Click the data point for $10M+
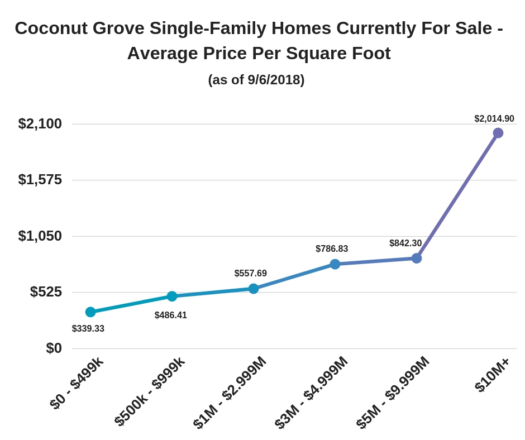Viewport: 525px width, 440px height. pyautogui.click(x=498, y=133)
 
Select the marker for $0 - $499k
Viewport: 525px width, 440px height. pyautogui.click(x=90, y=312)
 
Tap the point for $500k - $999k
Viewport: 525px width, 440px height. pyautogui.click(x=172, y=296)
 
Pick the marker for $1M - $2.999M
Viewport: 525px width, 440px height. pyautogui.click(x=254, y=289)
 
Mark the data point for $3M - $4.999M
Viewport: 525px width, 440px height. pyautogui.click(x=335, y=264)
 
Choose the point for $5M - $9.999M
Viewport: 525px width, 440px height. pyautogui.click(x=417, y=258)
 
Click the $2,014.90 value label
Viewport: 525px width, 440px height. pyautogui.click(x=494, y=119)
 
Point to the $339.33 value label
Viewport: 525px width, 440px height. pyautogui.click(x=88, y=329)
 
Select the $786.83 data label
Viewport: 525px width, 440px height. pyautogui.click(x=332, y=249)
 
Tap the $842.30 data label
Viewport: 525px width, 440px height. pyautogui.click(x=405, y=243)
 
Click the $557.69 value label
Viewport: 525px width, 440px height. pyautogui.click(x=251, y=274)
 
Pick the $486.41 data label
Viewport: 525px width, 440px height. pyautogui.click(x=171, y=315)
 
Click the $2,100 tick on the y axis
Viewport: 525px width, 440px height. pyautogui.click(x=40, y=124)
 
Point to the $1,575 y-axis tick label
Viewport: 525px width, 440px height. pyautogui.click(x=40, y=180)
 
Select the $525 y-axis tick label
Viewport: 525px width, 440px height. pyautogui.click(x=46, y=292)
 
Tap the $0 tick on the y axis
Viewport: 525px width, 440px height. pyautogui.click(x=54, y=348)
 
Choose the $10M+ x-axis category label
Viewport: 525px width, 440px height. pyautogui.click(x=492, y=375)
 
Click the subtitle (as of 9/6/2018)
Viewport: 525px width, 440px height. pyautogui.click(x=256, y=80)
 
